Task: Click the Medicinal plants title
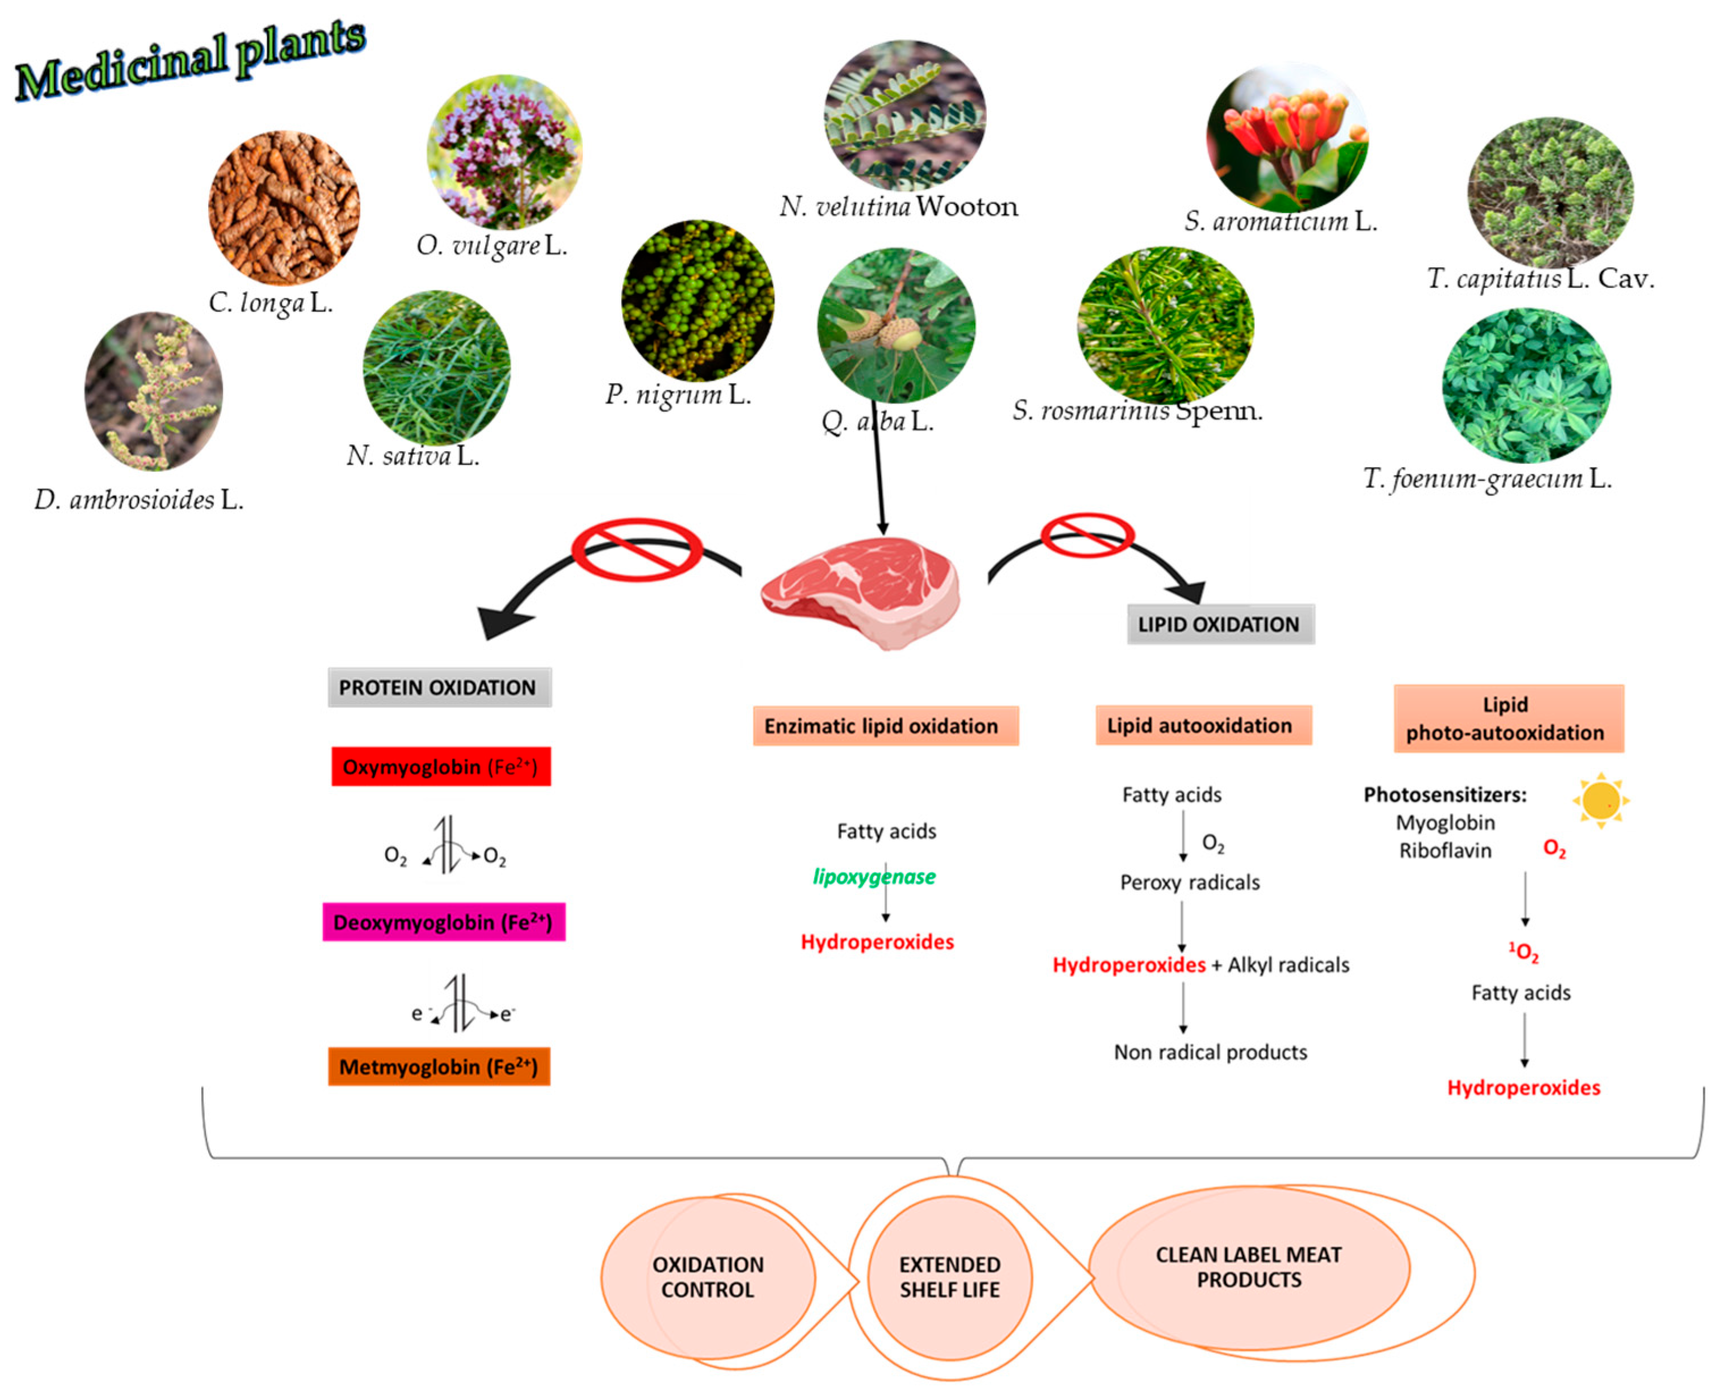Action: click(191, 60)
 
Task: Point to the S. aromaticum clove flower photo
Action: click(1286, 137)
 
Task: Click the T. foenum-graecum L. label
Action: click(1487, 479)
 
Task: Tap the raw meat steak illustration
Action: click(860, 591)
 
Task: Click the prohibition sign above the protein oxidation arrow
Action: click(636, 550)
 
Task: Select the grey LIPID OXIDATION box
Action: click(1220, 625)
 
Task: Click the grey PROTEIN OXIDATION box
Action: click(439, 687)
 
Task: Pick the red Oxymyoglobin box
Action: click(441, 766)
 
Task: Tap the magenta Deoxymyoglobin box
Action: click(444, 922)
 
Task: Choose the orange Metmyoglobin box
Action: click(439, 1066)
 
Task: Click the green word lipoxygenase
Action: click(874, 876)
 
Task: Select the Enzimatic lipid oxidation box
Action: click(885, 726)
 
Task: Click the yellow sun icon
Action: click(1600, 801)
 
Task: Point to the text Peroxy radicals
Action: click(1189, 883)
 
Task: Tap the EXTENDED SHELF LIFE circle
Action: click(950, 1277)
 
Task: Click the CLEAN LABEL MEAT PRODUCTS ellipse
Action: click(1249, 1268)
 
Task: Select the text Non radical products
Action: click(1210, 1052)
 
